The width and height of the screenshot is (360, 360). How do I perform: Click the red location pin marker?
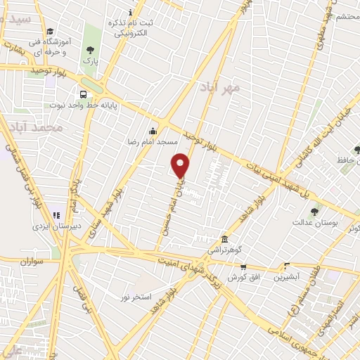point(181,165)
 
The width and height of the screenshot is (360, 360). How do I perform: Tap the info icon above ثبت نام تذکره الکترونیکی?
point(130,13)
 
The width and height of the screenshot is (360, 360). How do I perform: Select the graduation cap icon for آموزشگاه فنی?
point(49,32)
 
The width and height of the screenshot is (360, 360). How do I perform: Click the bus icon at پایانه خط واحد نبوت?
point(83,94)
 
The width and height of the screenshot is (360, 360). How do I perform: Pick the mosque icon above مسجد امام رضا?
point(153,130)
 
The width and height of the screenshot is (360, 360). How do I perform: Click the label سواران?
point(32,261)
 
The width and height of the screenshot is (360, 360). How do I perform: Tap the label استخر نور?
point(136,297)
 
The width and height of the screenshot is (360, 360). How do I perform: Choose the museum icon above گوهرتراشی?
point(224,240)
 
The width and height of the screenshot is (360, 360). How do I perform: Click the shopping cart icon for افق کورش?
point(243,266)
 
